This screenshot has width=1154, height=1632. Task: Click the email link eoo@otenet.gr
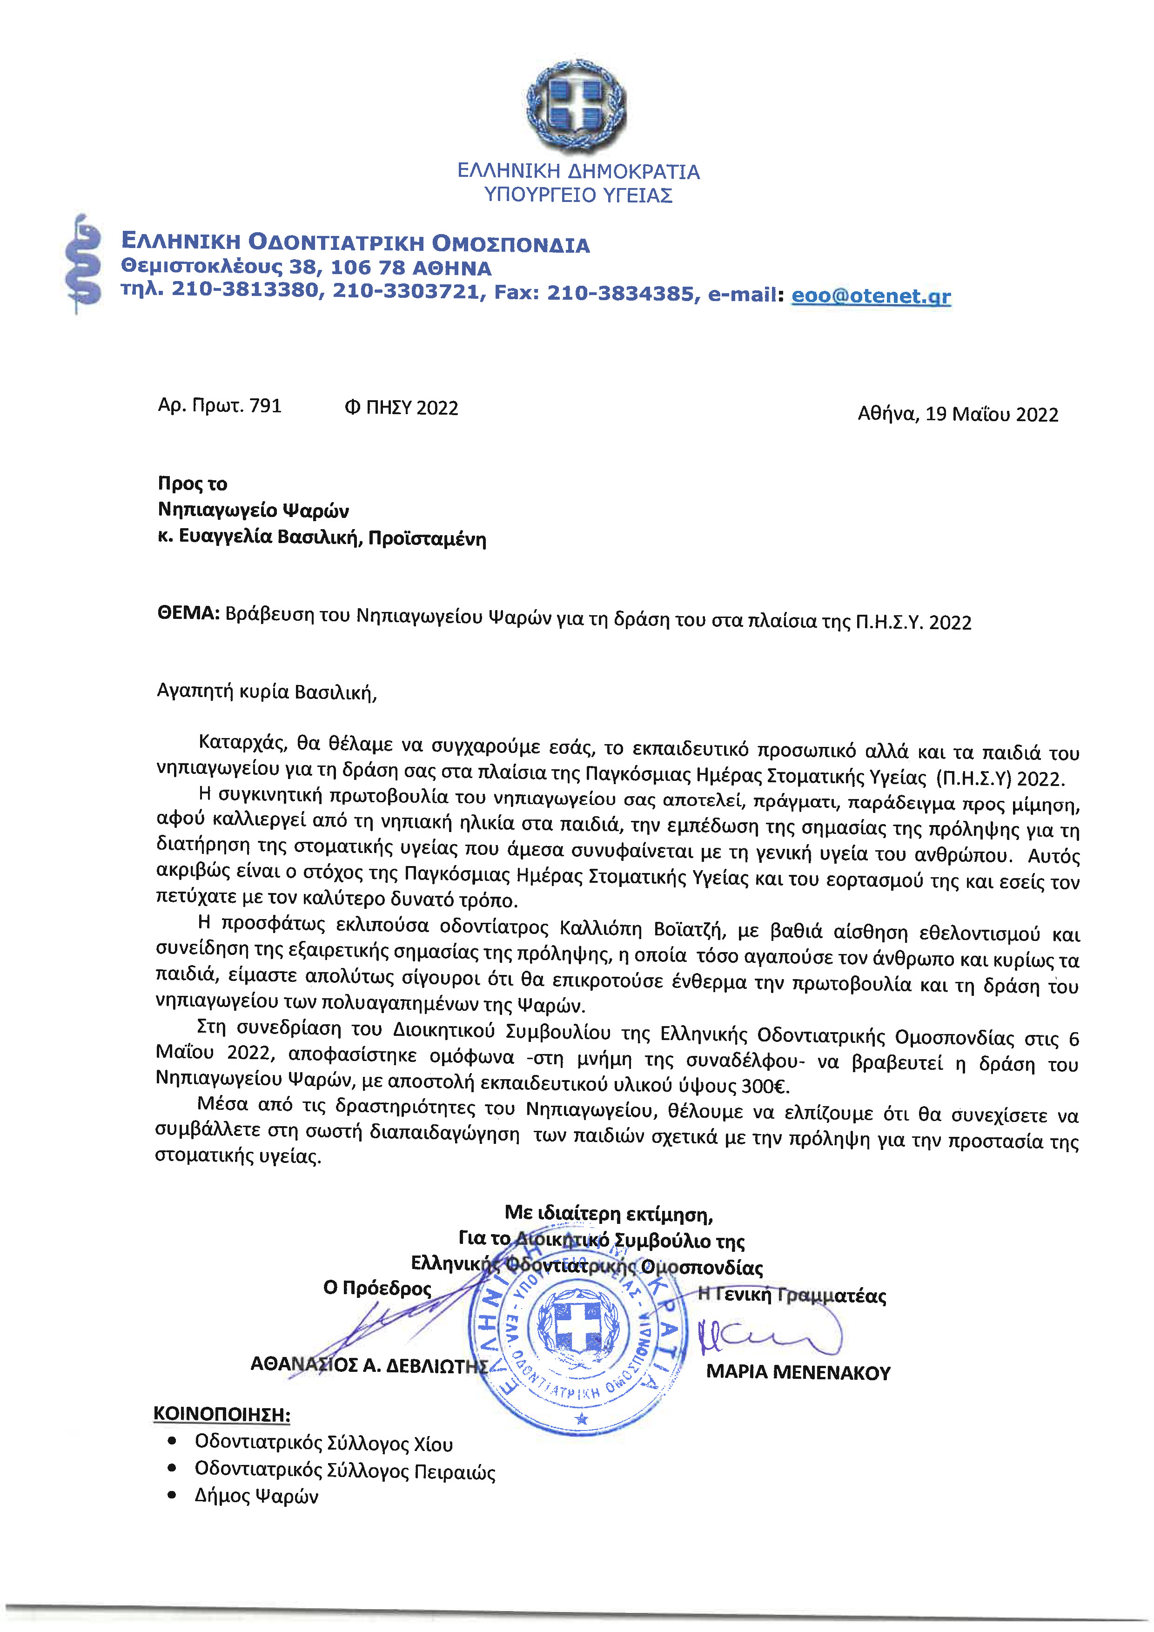[x=871, y=295]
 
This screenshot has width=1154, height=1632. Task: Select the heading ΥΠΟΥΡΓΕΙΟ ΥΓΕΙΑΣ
[x=578, y=195]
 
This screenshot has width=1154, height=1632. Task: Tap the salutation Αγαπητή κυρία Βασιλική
[x=267, y=692]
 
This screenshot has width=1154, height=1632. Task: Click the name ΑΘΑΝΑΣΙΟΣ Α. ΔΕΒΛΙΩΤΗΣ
[x=369, y=1365]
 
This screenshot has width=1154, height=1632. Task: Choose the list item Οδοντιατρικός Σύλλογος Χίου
[x=323, y=1444]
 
